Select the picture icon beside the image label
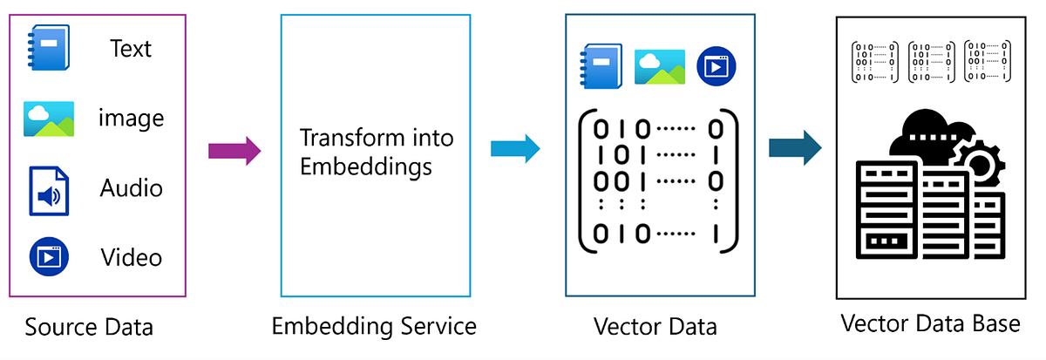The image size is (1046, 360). tap(49, 119)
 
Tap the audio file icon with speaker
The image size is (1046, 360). tap(49, 190)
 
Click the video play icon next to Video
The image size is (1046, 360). tap(48, 256)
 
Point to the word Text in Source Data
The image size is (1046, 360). tap(131, 49)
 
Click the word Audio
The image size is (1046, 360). tap(132, 188)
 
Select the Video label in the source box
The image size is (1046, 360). tap(132, 257)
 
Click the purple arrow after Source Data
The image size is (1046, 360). tap(234, 150)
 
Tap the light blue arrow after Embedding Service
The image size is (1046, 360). tap(515, 148)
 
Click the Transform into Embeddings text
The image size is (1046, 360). tap(376, 152)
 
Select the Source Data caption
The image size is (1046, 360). tap(89, 328)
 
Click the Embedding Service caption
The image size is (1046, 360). tap(374, 326)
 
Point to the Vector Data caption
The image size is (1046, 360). tap(655, 327)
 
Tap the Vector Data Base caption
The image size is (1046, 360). tap(930, 323)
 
